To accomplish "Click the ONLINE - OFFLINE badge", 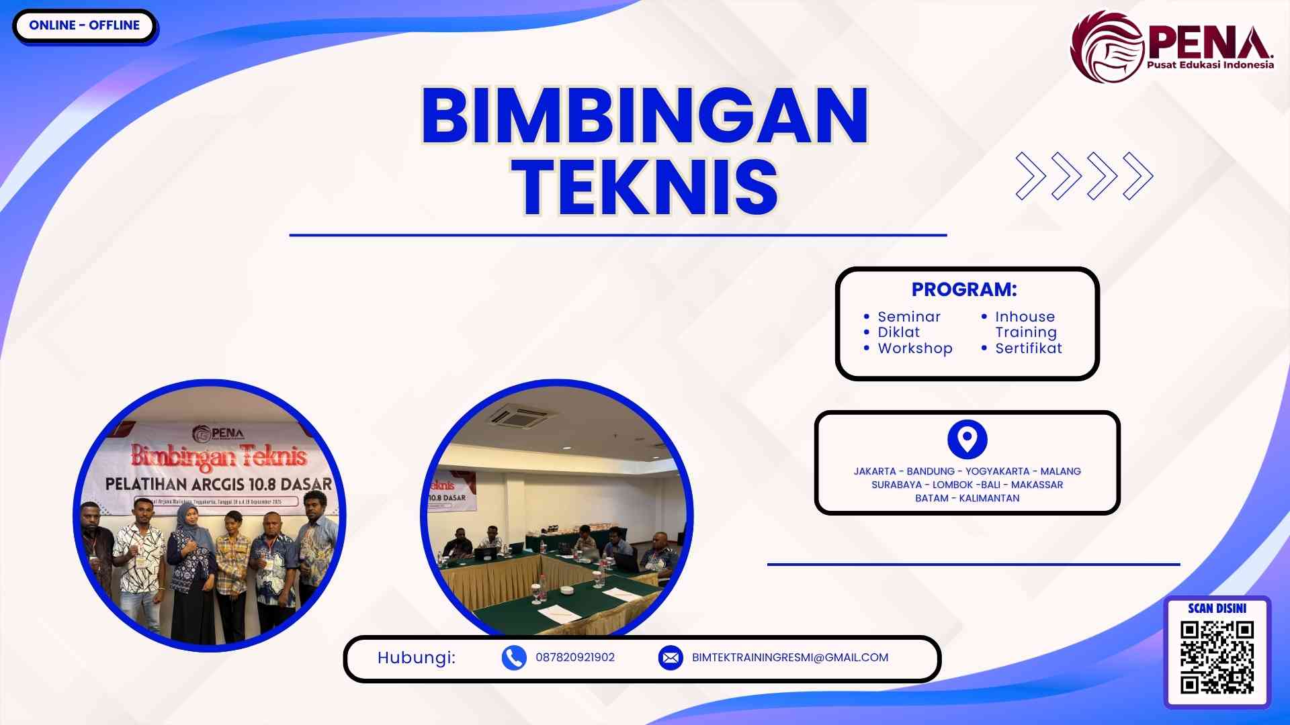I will click(84, 26).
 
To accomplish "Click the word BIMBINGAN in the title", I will click(644, 116).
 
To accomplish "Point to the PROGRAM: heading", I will click(963, 289).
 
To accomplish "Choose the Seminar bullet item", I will click(908, 316).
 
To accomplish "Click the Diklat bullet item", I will click(898, 332).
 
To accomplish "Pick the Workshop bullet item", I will click(914, 348).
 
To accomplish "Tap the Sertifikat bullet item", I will click(1028, 348).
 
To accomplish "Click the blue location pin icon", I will click(967, 440).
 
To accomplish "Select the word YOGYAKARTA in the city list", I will click(997, 471).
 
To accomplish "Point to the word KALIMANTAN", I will click(989, 498).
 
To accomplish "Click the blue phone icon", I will click(514, 658).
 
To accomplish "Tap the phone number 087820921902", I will click(574, 658).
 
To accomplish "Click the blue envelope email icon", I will click(671, 658).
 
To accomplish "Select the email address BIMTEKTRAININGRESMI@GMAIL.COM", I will click(789, 658).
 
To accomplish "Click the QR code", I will click(1217, 657).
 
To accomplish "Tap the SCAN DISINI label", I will click(1217, 608).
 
